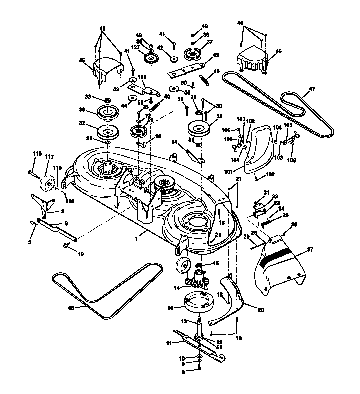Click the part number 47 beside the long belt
[312, 89]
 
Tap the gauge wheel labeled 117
[48, 183]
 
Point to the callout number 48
[71, 308]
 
